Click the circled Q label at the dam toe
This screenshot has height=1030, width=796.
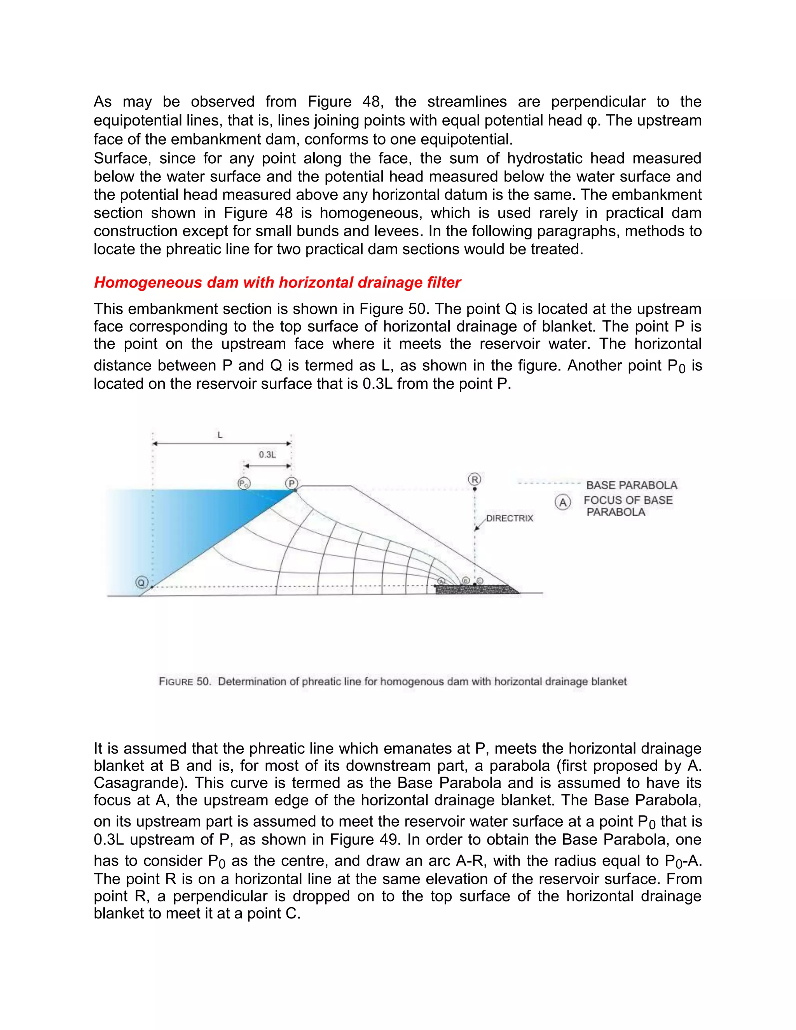point(141,583)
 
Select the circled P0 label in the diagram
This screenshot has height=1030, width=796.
point(243,484)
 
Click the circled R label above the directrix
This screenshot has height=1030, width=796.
point(475,480)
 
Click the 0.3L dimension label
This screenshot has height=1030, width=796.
point(267,455)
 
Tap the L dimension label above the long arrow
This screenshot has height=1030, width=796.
point(220,435)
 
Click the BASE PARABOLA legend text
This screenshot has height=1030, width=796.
point(632,485)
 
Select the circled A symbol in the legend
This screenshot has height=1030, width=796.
point(562,503)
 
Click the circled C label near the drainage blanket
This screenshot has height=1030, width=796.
point(480,581)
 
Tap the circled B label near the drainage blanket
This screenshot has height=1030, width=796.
point(465,581)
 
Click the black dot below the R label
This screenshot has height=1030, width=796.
point(475,489)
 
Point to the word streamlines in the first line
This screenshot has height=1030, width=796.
point(467,102)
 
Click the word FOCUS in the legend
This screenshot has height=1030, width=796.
point(606,500)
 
